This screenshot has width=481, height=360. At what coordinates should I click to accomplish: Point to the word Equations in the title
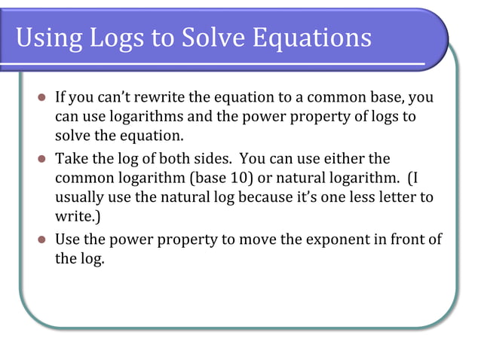316,38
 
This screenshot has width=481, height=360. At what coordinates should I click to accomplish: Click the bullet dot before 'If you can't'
42,99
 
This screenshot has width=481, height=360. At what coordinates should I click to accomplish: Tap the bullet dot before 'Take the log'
42,160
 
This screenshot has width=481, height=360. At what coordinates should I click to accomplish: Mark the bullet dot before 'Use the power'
42,240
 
